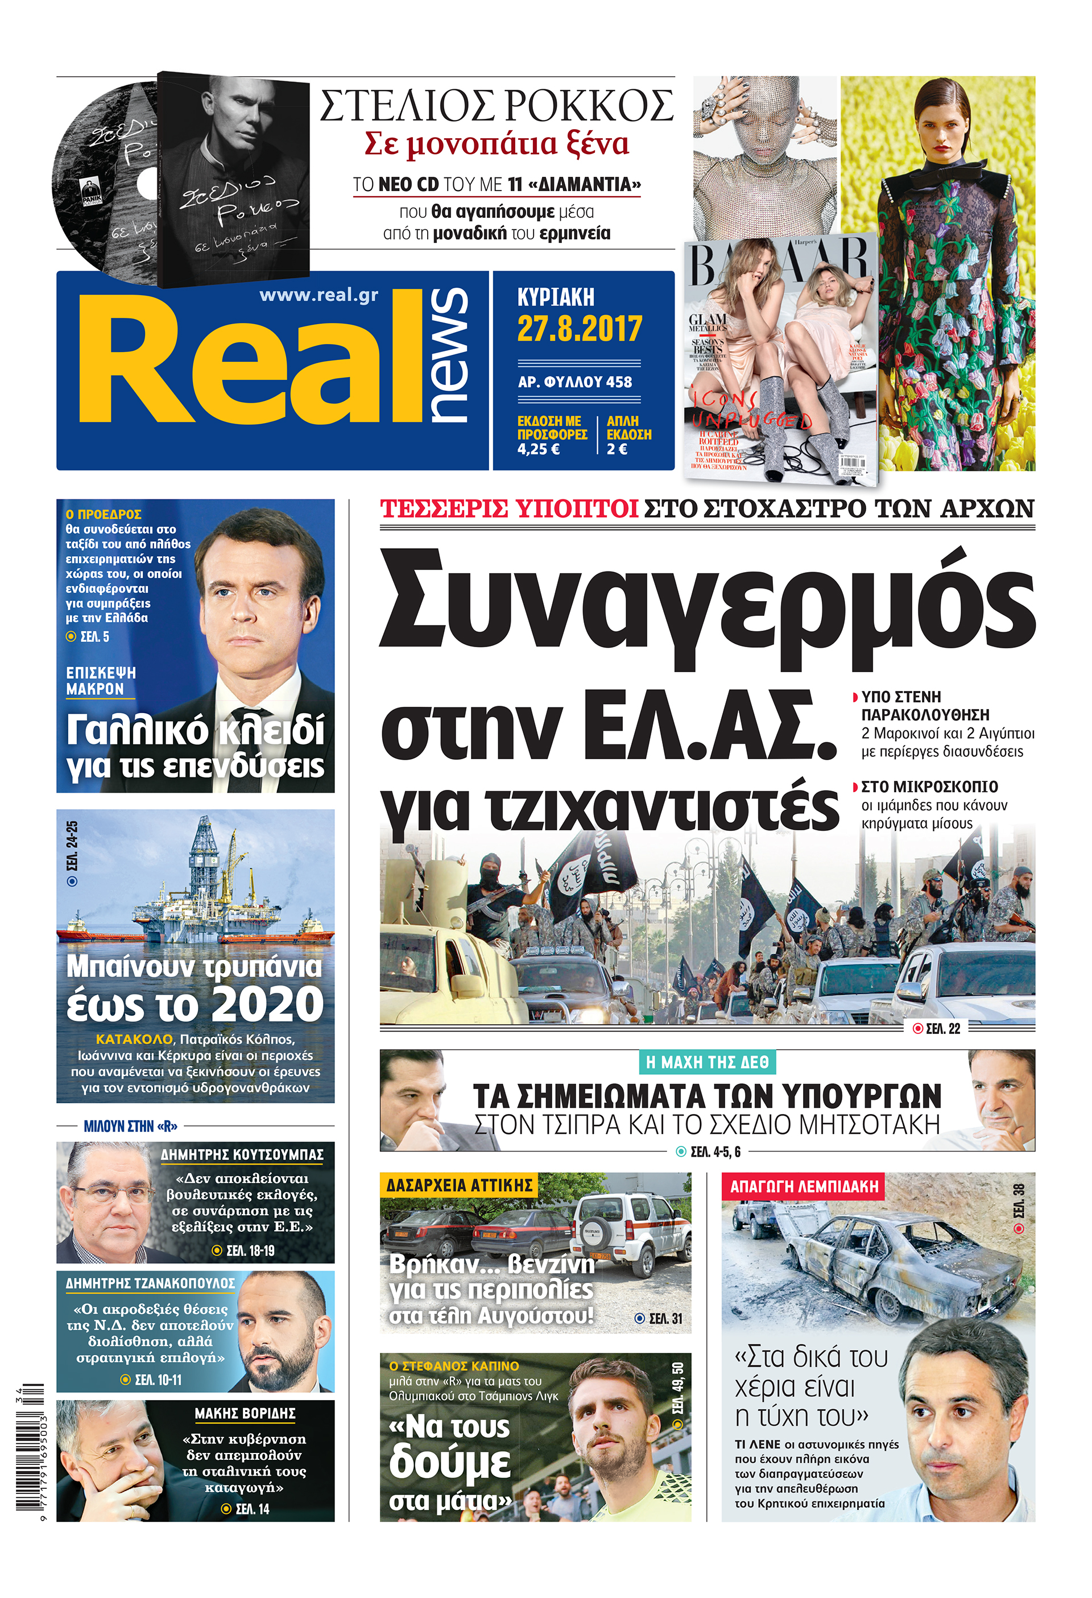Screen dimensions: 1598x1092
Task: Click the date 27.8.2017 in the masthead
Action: coord(579,329)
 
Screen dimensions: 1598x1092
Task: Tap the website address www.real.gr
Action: coord(318,295)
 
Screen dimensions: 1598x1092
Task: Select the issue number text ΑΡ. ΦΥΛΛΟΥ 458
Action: coord(575,382)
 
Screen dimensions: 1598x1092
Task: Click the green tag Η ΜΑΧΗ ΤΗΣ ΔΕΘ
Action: coord(707,1062)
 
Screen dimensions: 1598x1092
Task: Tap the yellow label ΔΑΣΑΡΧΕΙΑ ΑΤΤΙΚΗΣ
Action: coord(460,1185)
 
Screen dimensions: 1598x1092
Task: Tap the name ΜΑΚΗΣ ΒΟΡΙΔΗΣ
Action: coord(245,1413)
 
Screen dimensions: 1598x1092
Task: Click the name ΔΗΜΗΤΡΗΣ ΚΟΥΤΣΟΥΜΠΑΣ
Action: coord(242,1154)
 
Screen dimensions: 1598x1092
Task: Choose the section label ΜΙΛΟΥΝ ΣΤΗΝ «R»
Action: coord(131,1127)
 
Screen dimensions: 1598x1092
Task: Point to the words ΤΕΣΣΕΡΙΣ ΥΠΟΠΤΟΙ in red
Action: coord(509,509)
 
